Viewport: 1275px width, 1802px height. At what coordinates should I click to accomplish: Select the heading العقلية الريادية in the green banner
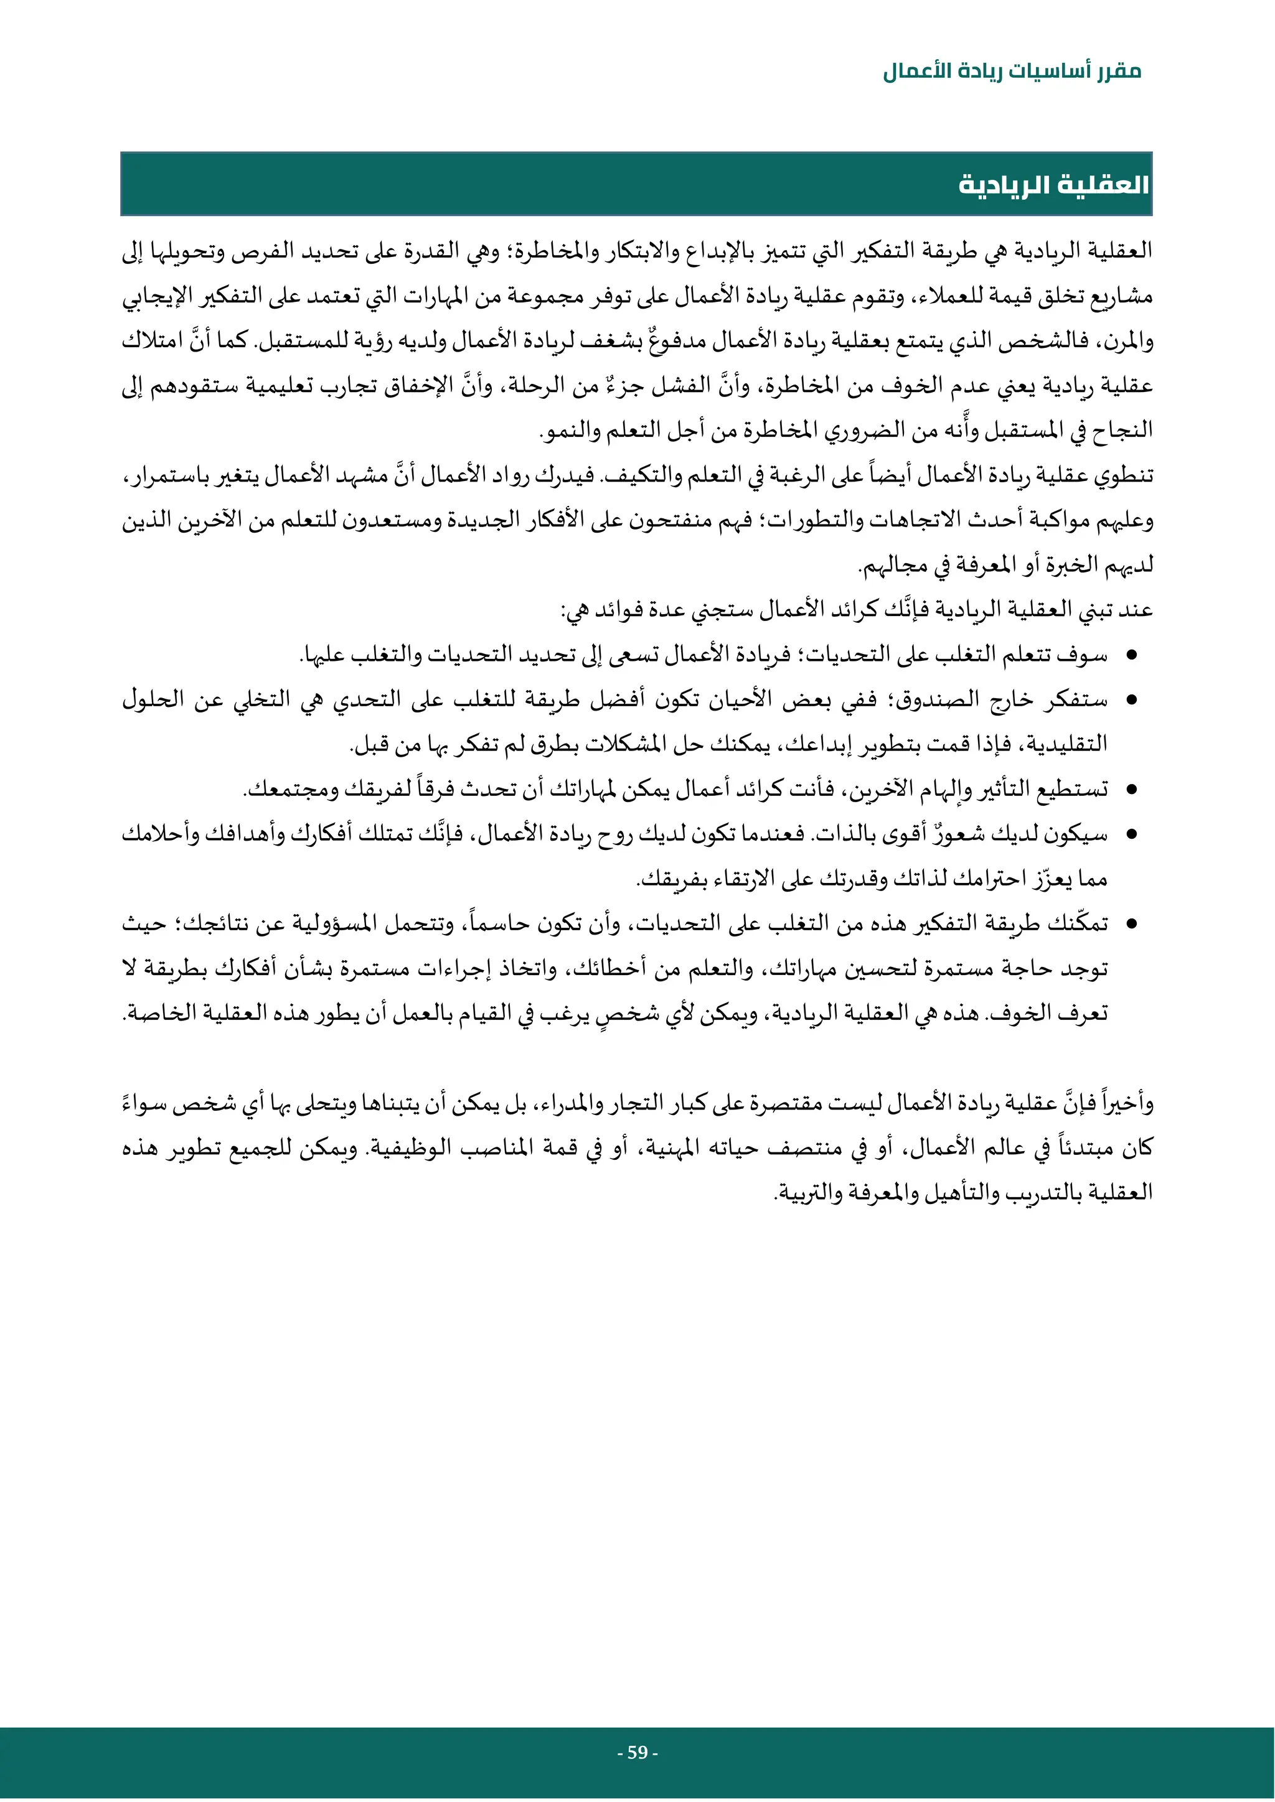pyautogui.click(x=1053, y=185)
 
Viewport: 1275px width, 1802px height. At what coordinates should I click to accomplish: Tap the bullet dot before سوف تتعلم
pyautogui.click(x=1131, y=655)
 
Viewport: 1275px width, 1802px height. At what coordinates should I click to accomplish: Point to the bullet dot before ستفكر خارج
pyautogui.click(x=1131, y=699)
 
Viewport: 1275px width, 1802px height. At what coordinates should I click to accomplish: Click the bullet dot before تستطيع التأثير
pyautogui.click(x=1131, y=790)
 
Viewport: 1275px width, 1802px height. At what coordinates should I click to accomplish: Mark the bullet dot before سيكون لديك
pyautogui.click(x=1131, y=835)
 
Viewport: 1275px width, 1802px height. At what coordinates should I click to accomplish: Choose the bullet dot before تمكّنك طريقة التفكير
pyautogui.click(x=1131, y=925)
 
